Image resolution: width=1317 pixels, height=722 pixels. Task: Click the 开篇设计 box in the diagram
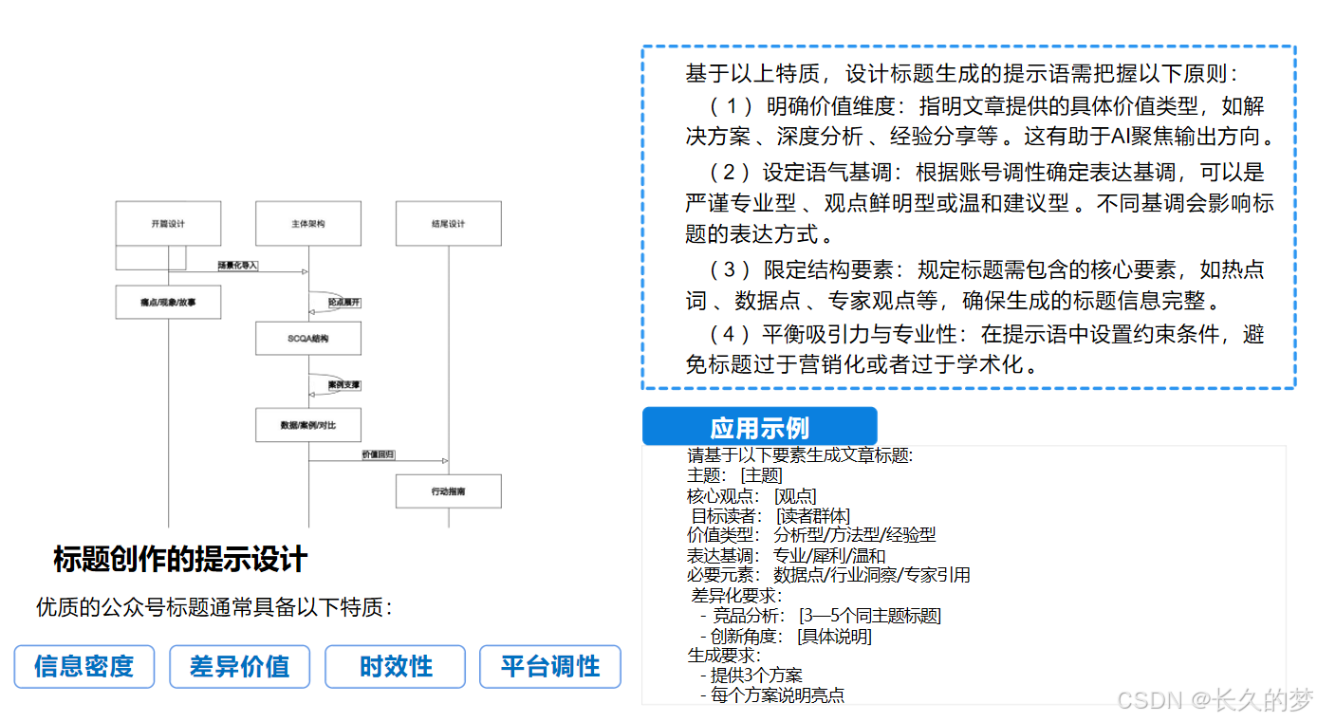tap(168, 224)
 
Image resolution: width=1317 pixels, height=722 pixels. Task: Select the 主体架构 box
tap(308, 224)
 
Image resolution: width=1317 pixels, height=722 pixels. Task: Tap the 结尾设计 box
tap(448, 224)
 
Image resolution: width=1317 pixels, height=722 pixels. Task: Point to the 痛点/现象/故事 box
tap(168, 302)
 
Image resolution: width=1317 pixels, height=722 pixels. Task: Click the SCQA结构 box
tap(308, 339)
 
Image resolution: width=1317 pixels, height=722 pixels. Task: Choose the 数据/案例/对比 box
tap(308, 425)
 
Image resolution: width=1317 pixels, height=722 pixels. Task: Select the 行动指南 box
tap(448, 491)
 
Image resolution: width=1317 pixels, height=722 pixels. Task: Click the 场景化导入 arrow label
tap(238, 265)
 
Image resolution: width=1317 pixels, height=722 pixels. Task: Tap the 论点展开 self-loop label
tap(344, 302)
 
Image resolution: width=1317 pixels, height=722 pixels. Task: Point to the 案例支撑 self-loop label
tap(344, 385)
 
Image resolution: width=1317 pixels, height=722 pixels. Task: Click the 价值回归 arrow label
tap(378, 455)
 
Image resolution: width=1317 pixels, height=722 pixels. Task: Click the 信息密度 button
tap(83, 667)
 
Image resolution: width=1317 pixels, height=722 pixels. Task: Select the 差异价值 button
tap(239, 667)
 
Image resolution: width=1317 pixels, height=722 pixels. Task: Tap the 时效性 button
tap(395, 667)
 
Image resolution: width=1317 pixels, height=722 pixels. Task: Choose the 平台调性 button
tap(550, 667)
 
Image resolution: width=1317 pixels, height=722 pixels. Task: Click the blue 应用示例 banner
tap(759, 427)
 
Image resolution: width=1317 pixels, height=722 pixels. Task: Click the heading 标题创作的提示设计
tap(180, 560)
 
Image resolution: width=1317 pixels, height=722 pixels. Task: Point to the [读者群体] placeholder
tap(812, 516)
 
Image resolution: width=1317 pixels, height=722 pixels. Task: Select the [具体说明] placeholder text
tap(834, 636)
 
